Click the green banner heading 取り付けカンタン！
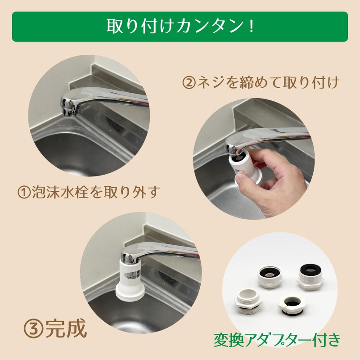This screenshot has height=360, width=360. [x=180, y=27]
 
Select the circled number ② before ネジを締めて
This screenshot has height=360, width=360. [x=189, y=83]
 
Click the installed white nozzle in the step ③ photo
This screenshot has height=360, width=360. [x=130, y=274]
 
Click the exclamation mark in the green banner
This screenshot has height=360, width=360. [x=250, y=27]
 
